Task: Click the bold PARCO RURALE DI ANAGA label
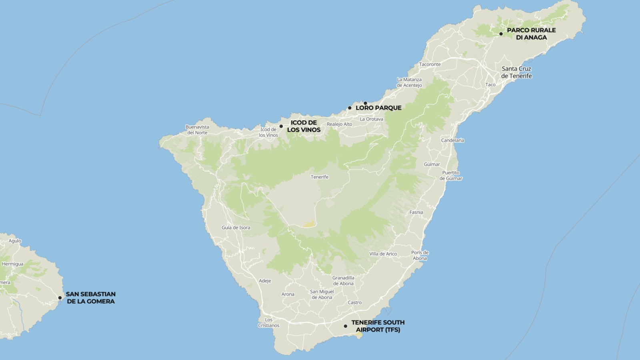(531, 34)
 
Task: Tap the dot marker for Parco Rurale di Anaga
(501, 34)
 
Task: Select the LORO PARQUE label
(378, 108)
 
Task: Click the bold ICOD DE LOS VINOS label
(304, 126)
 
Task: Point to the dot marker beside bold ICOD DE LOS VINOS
(281, 126)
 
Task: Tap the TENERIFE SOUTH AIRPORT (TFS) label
(378, 326)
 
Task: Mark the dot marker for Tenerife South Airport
(346, 326)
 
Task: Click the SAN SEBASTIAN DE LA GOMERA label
(91, 298)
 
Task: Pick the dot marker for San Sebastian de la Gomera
(60, 298)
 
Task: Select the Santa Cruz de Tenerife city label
(516, 72)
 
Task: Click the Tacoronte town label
(430, 64)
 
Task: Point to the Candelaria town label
(452, 140)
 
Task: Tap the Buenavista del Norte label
(197, 130)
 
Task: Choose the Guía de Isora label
(236, 228)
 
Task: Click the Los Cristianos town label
(269, 322)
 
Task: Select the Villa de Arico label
(383, 254)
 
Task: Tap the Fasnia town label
(416, 212)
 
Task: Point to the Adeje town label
(265, 281)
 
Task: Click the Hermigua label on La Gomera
(13, 264)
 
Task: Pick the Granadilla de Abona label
(343, 281)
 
